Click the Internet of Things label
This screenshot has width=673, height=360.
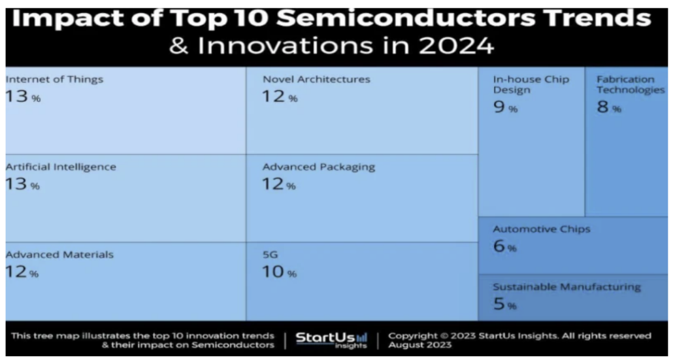tap(54, 80)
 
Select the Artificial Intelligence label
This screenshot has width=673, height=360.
tap(61, 167)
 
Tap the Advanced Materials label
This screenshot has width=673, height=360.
tap(59, 254)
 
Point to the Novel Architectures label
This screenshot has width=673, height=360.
tap(316, 80)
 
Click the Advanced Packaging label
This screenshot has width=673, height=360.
tap(319, 167)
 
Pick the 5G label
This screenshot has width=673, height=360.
tap(271, 254)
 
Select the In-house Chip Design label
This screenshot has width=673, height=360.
tap(531, 85)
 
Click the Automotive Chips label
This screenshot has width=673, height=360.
tap(542, 229)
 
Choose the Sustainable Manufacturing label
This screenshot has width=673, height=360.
tap(566, 287)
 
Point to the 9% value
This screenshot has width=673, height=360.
tap(505, 108)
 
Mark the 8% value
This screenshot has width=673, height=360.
tap(608, 108)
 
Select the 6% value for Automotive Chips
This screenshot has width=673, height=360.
tap(504, 247)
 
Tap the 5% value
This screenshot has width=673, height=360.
tap(504, 304)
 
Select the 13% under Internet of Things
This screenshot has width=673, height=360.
tap(23, 97)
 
